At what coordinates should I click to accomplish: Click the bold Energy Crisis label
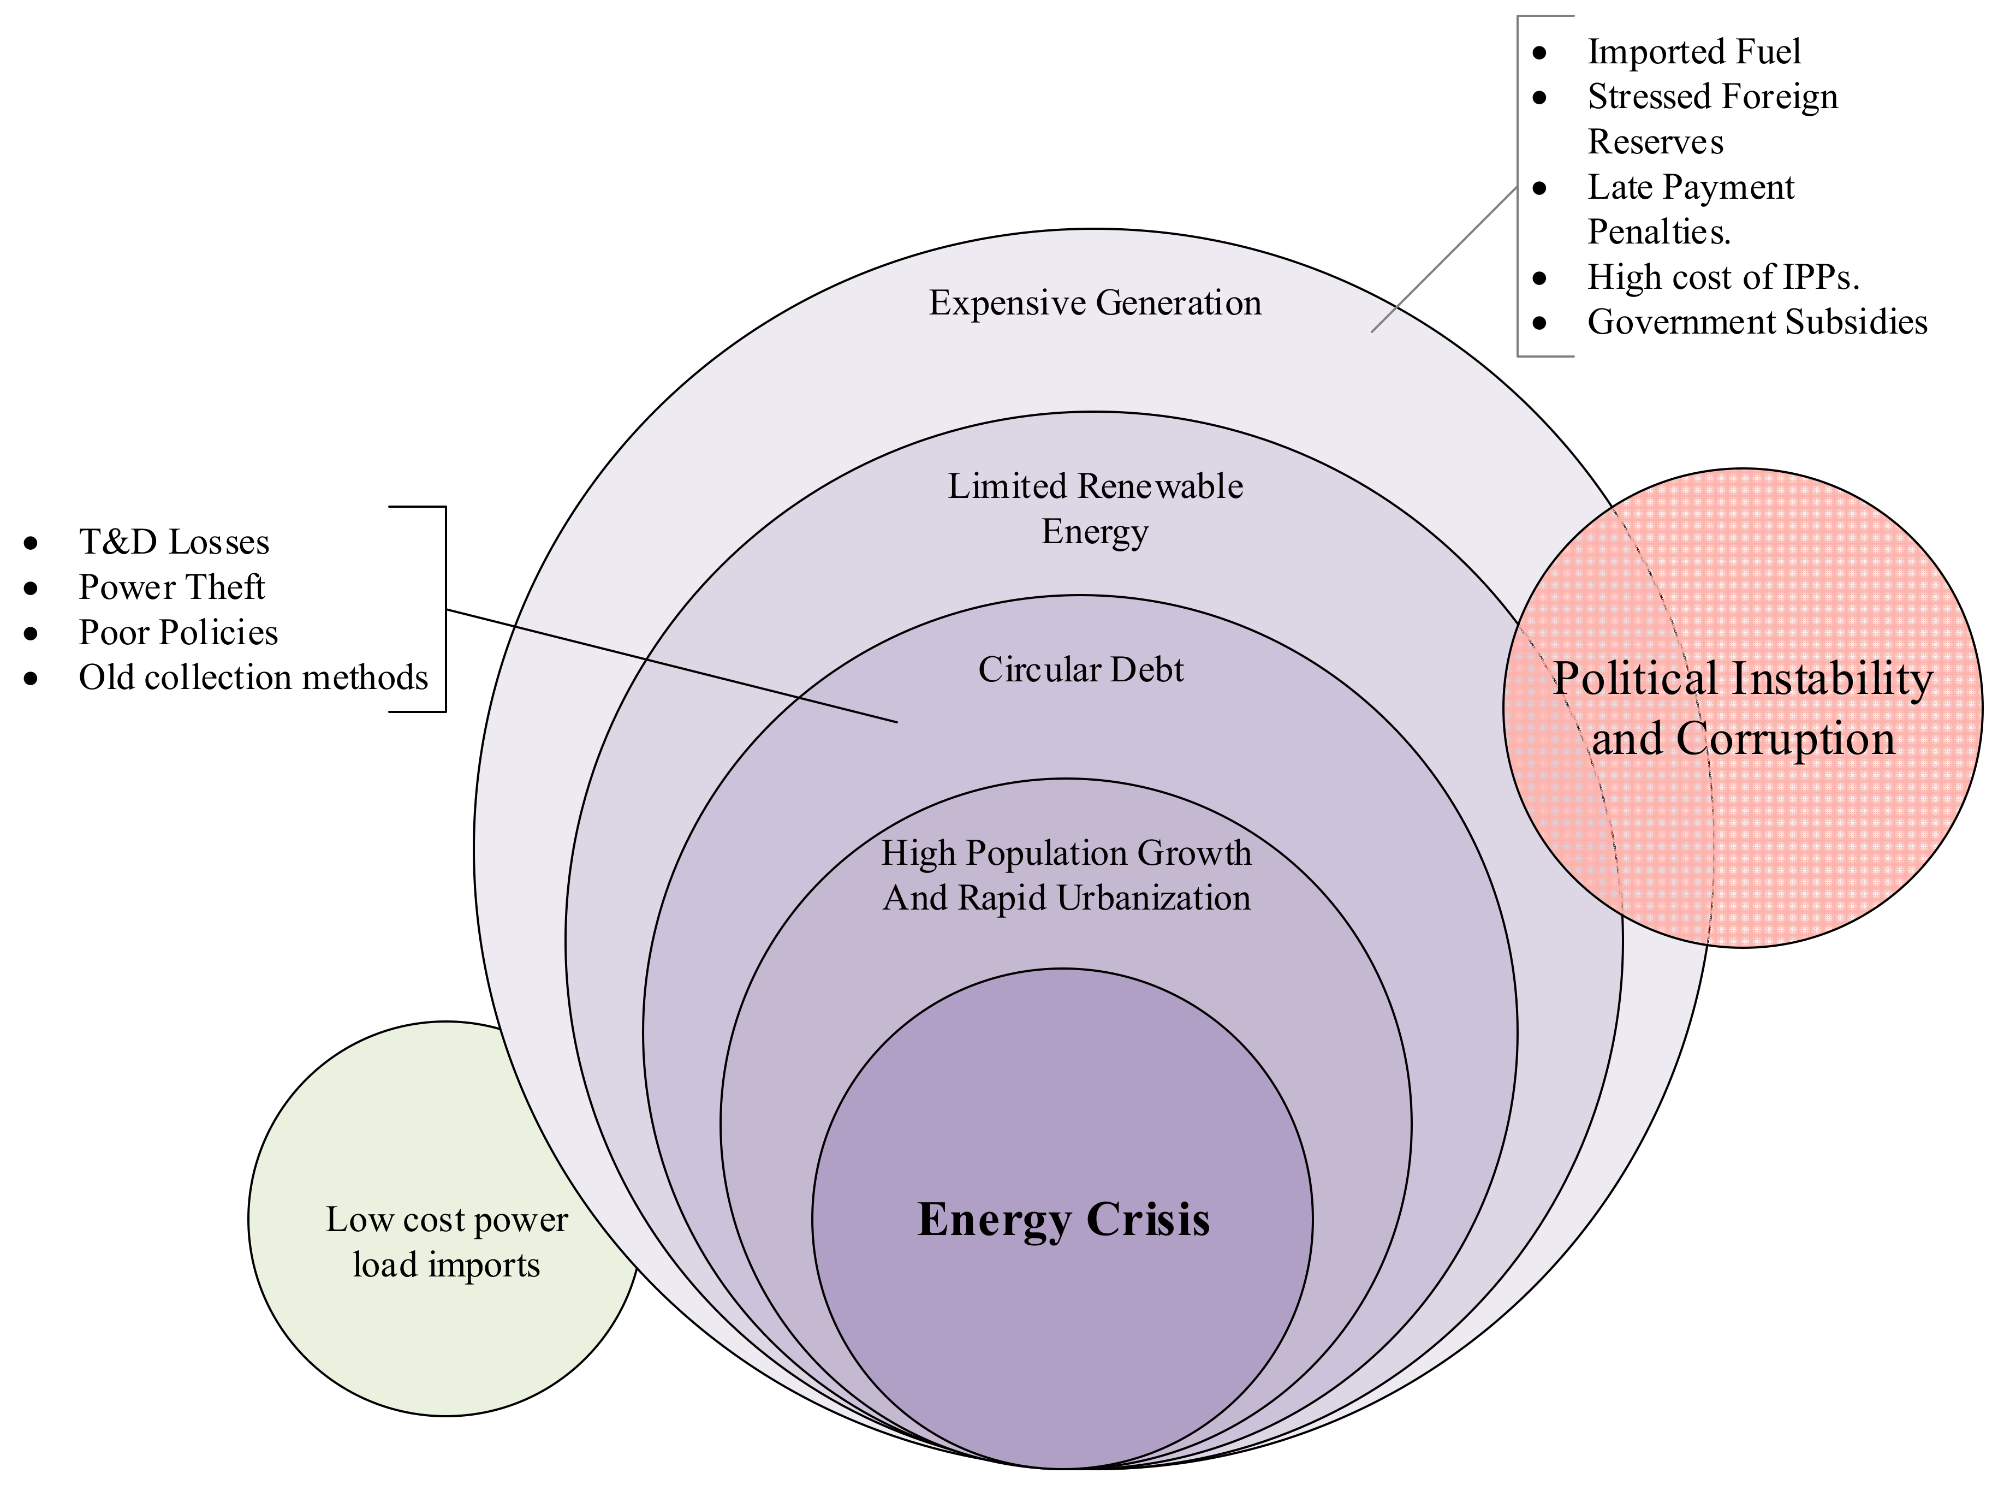click(1063, 1220)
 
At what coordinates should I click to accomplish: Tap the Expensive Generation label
click(1095, 303)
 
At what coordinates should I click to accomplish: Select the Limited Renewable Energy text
click(1095, 508)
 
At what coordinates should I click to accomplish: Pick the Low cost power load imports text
click(447, 1242)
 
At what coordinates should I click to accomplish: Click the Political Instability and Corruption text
click(1742, 708)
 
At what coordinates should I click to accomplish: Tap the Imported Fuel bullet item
click(1693, 51)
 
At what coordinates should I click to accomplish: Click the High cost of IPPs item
click(1722, 277)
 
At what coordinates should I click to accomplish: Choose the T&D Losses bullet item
click(174, 542)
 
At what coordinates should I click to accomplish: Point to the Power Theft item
click(171, 587)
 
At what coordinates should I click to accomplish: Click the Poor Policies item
click(178, 633)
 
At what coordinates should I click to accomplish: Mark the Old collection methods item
click(253, 678)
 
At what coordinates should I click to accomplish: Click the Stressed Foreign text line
click(1712, 96)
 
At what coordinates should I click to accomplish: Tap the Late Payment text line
click(1690, 187)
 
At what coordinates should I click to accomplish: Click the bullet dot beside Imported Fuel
click(1539, 52)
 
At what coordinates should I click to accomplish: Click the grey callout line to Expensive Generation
click(1443, 260)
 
